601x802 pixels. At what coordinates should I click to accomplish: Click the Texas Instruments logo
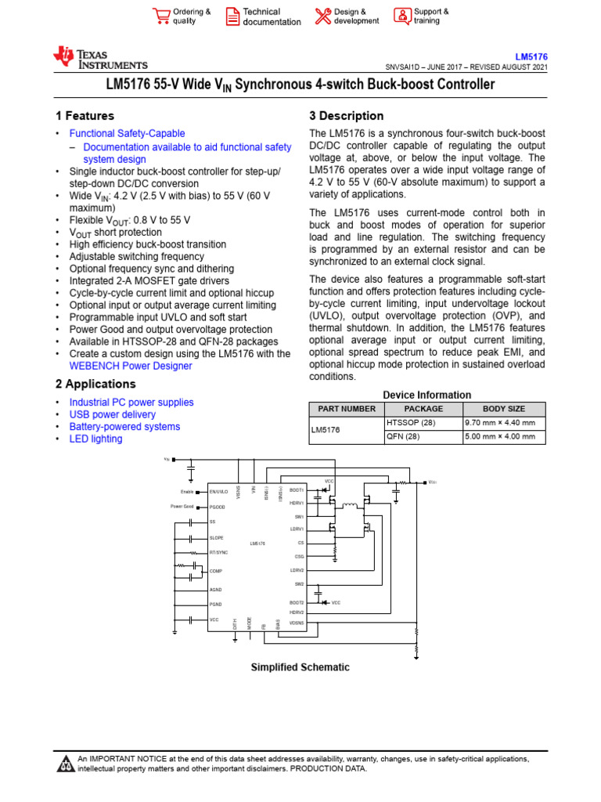(x=99, y=58)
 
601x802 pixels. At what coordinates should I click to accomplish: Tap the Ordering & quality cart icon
(x=161, y=16)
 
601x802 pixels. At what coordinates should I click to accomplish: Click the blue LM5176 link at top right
(x=531, y=57)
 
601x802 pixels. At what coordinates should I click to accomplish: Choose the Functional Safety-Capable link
(x=127, y=134)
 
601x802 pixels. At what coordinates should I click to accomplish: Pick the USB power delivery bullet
(x=112, y=414)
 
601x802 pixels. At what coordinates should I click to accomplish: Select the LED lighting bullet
(x=95, y=439)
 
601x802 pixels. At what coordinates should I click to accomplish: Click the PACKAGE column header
(x=423, y=409)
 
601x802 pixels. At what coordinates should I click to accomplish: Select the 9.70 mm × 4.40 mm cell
(x=500, y=423)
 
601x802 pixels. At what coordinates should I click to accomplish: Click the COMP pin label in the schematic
(x=216, y=571)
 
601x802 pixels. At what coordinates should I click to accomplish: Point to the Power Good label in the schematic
(x=182, y=507)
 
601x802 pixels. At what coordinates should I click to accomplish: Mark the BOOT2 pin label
(x=296, y=602)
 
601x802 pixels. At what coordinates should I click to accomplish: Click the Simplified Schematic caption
(x=300, y=667)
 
